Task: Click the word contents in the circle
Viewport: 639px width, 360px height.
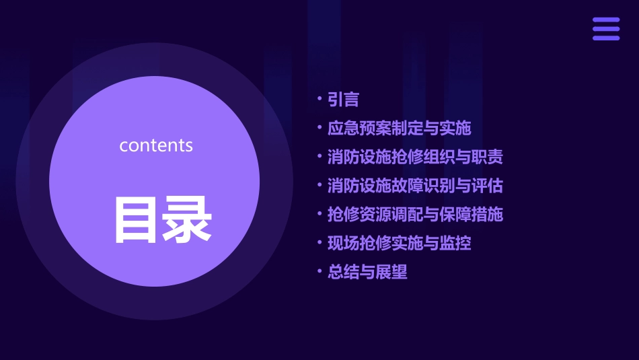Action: [x=156, y=145]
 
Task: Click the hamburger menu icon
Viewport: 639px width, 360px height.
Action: [x=606, y=29]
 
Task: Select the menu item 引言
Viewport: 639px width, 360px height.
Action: [x=343, y=100]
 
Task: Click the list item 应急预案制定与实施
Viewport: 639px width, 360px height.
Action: [x=399, y=128]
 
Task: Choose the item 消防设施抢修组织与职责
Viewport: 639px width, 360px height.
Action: [x=415, y=157]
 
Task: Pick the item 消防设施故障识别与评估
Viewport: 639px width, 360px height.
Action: [x=415, y=186]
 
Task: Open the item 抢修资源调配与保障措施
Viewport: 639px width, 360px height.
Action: [x=415, y=215]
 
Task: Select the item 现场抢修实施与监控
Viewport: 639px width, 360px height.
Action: [x=399, y=244]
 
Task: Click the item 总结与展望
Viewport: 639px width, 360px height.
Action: [x=367, y=273]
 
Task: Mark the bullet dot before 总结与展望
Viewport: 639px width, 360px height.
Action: [x=320, y=272]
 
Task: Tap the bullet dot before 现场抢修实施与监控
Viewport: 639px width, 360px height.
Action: [x=320, y=243]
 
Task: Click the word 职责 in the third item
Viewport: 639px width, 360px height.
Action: [x=488, y=157]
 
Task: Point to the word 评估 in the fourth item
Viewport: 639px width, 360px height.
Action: [x=488, y=186]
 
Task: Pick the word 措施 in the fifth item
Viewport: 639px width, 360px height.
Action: [x=488, y=215]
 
